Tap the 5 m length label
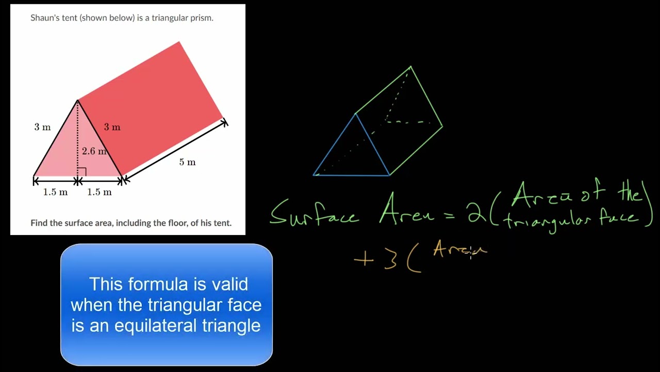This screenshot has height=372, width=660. pos(187,162)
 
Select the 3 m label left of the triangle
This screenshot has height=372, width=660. pos(42,127)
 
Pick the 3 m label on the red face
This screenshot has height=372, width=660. pos(112,127)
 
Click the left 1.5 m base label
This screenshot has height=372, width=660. pos(55,192)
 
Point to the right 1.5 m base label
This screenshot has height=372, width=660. pos(100,192)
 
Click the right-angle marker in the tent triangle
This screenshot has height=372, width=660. pos(81,172)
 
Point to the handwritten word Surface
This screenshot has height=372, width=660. pos(315,213)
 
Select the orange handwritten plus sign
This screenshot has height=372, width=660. pos(364,259)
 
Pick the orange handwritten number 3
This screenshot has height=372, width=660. pos(390,260)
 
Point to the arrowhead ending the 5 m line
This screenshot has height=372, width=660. pos(224,122)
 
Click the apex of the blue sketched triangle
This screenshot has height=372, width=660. pos(356,114)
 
